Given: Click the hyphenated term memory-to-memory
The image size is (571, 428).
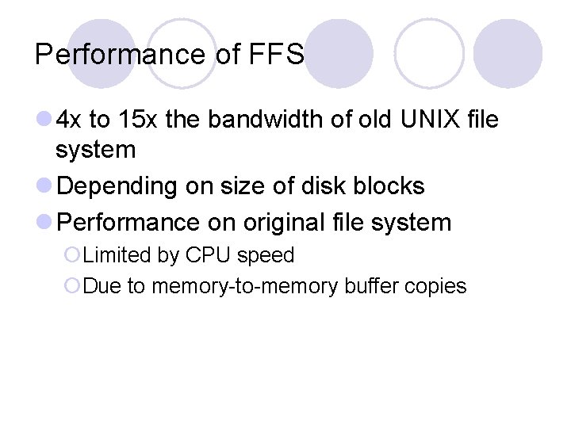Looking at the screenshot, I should pos(245,286).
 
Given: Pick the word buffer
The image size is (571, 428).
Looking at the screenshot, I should pos(372,286).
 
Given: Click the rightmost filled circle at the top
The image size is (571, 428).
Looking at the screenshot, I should pos(508,53).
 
